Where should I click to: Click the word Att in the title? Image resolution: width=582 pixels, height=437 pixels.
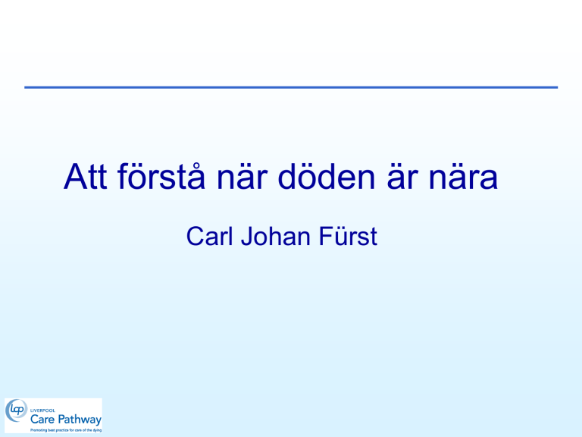86,177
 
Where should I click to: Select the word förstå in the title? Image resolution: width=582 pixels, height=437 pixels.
161,176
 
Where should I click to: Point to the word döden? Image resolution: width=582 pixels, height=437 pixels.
327,176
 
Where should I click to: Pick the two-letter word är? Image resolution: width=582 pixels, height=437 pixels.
402,177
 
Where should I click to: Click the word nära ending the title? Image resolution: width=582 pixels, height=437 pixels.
463,177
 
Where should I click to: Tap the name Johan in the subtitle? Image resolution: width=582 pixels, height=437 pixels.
276,237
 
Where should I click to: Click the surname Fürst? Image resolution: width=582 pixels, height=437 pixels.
348,236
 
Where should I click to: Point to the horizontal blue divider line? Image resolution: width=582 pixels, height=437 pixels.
291,87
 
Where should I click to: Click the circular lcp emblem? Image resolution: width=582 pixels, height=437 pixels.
17,410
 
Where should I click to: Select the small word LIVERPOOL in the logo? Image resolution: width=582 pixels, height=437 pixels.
42,410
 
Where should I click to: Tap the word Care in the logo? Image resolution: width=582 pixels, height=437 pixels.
42,420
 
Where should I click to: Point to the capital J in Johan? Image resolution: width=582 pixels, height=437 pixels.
247,237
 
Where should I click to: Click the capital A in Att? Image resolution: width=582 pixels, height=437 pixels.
75,177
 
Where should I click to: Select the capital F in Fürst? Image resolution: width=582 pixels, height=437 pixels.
326,237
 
